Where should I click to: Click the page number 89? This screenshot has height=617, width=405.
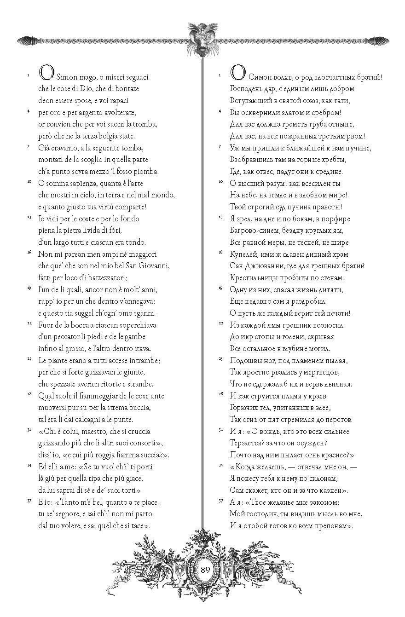tap(205, 569)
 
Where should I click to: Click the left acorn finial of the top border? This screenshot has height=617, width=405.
tap(25, 40)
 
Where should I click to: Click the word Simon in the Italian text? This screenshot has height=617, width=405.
tap(67, 77)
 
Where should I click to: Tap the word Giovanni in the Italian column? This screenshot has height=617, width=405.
tap(155, 265)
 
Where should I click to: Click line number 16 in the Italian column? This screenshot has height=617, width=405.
tap(29, 253)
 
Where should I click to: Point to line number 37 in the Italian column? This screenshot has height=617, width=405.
tap(29, 500)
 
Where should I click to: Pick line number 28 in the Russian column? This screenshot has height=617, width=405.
tap(220, 394)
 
